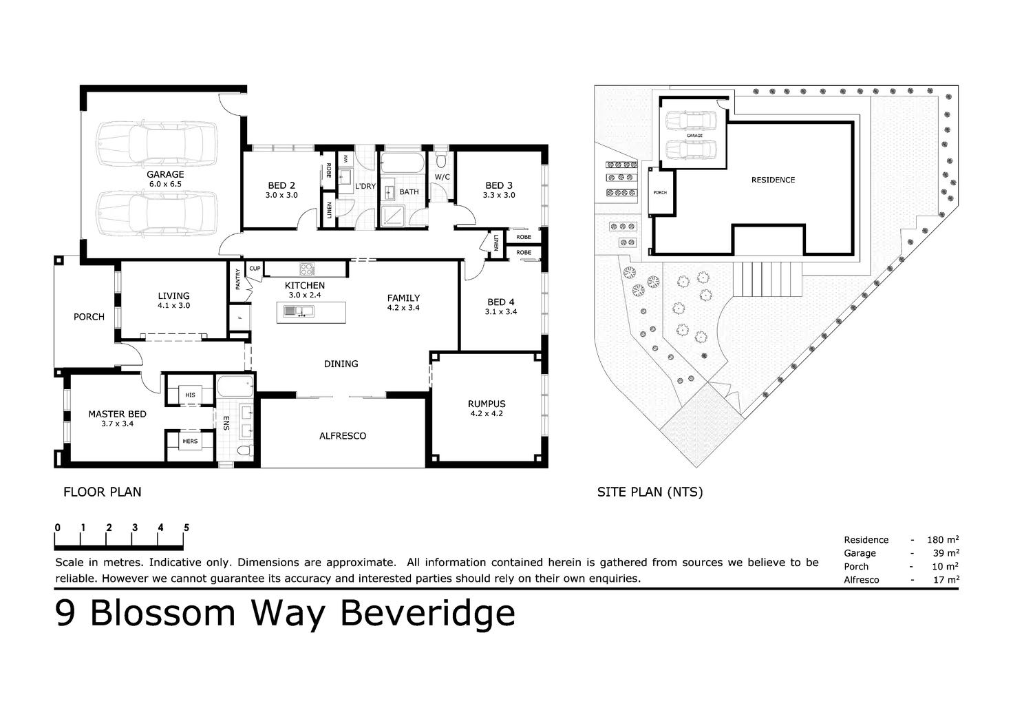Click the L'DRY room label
(365, 186)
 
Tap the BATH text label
(409, 191)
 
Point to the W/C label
(442, 177)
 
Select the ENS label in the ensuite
(226, 422)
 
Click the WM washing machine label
(345, 159)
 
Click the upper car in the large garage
(157, 145)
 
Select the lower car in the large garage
(157, 214)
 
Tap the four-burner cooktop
(308, 269)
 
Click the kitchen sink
(299, 312)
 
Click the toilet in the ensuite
(243, 451)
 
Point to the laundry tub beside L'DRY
(344, 178)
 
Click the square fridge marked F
(241, 318)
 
